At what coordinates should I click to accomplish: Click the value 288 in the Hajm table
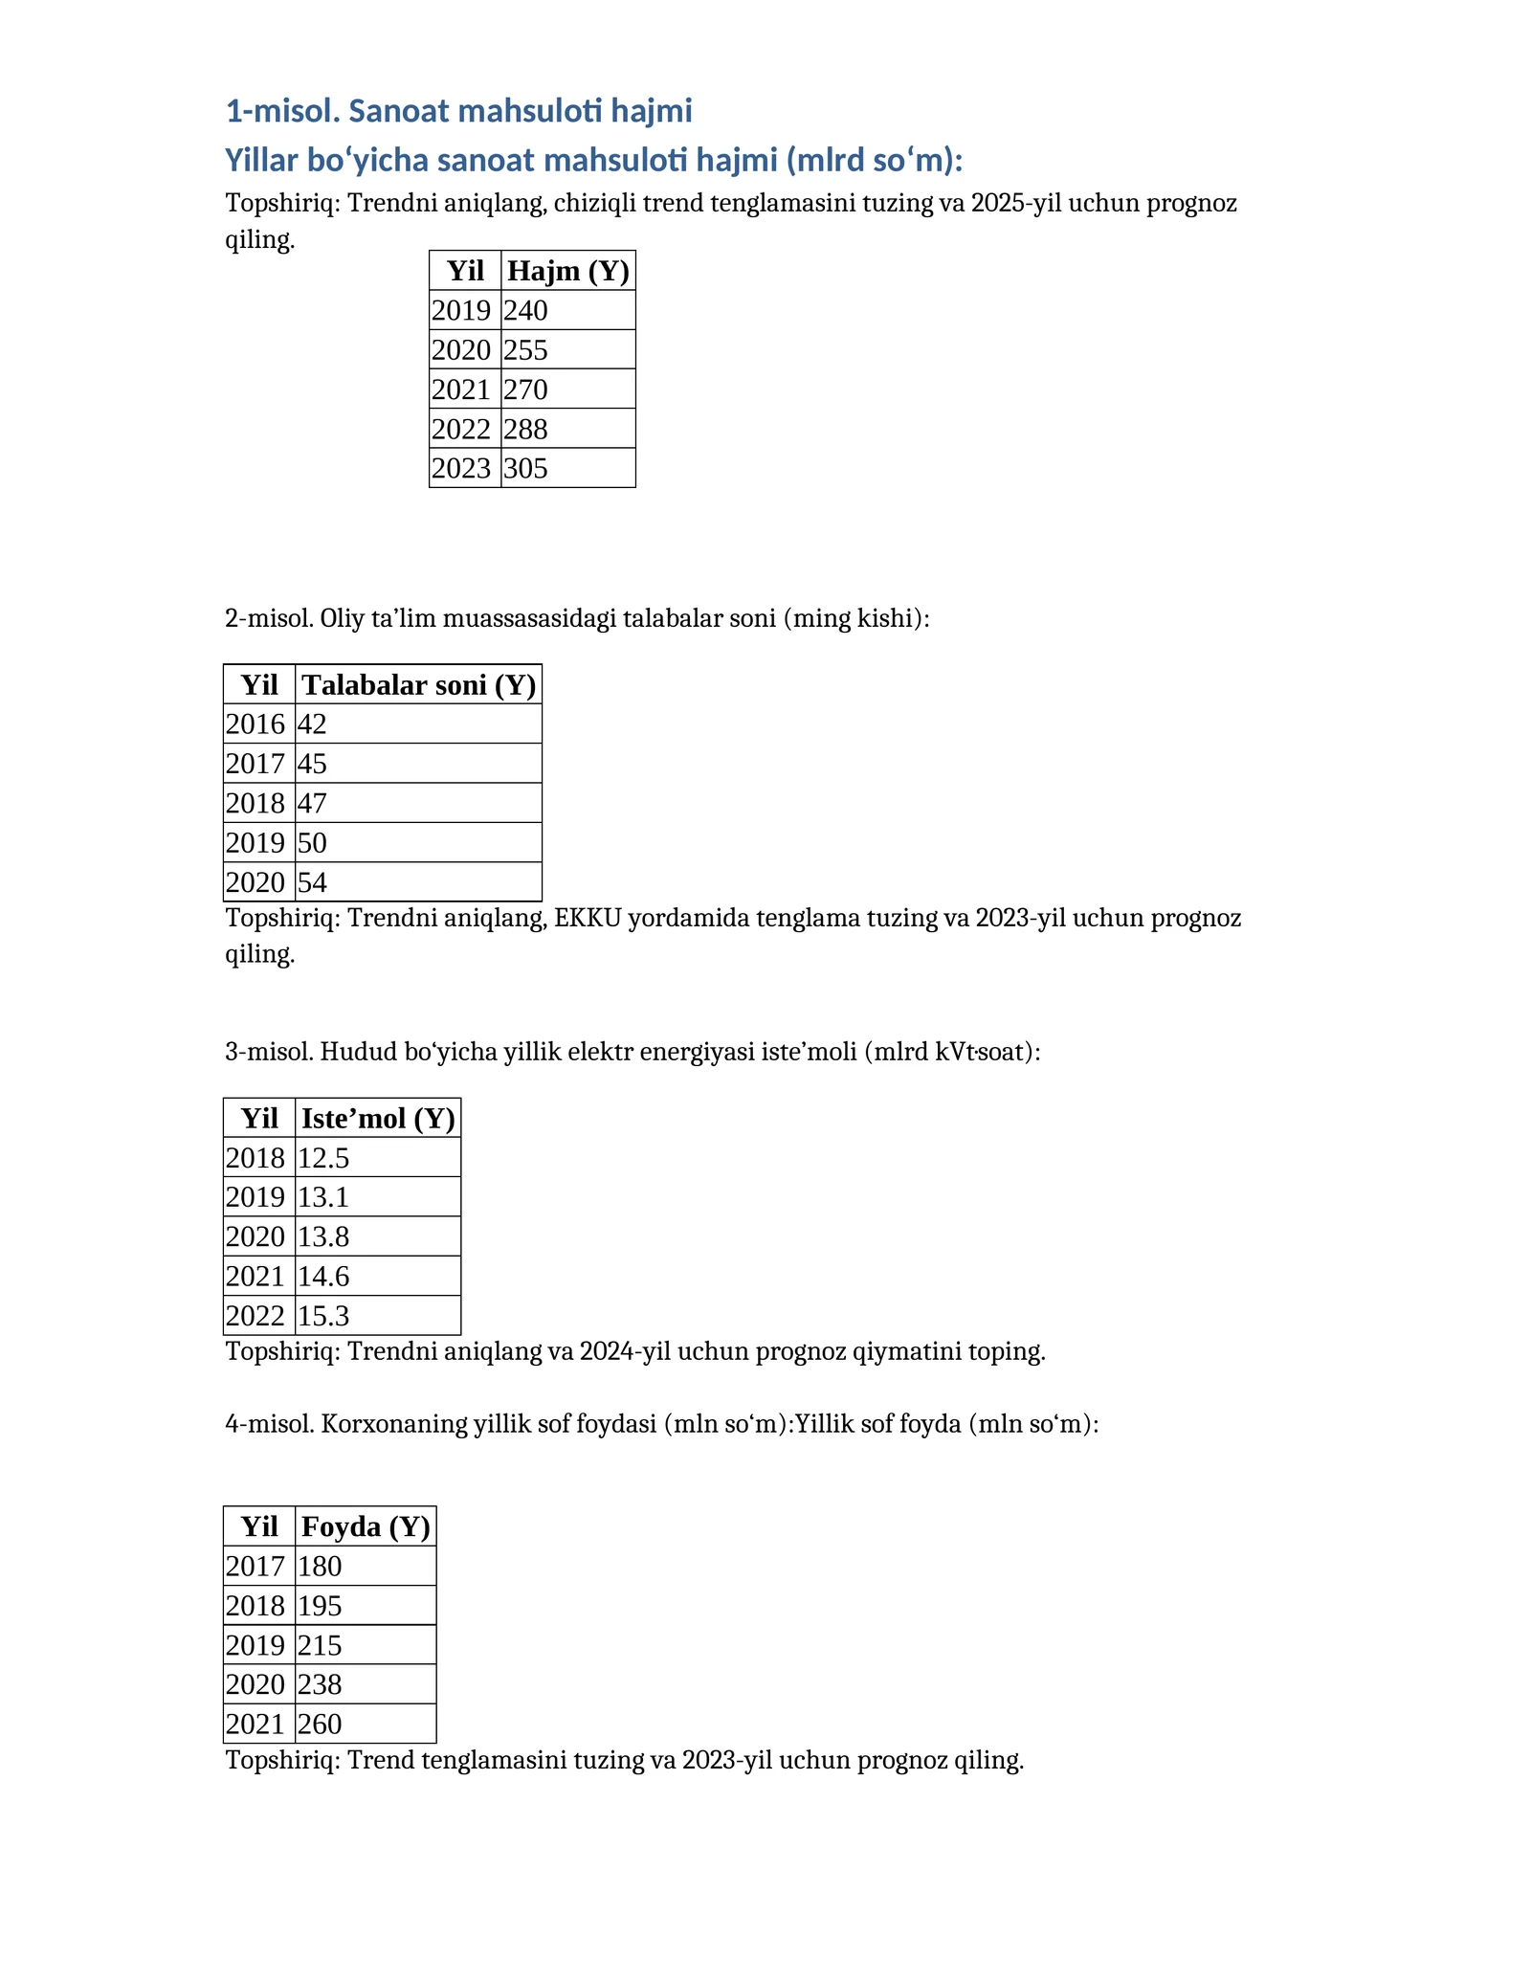coord(526,429)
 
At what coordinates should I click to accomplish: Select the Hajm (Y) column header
coord(568,271)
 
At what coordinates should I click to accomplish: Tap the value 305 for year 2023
coord(526,468)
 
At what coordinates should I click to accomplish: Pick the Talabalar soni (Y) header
coord(419,684)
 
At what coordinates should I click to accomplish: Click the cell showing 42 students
coord(313,724)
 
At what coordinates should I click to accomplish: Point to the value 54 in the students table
coord(313,882)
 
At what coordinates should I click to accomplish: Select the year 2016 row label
coord(255,724)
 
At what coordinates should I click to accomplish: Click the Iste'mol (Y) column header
coord(378,1118)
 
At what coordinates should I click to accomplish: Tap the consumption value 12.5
coord(323,1158)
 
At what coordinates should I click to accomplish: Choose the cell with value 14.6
coord(323,1277)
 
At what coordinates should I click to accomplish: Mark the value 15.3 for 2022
coord(323,1316)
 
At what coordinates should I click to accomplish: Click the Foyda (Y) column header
coord(366,1526)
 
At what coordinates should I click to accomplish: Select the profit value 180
coord(320,1567)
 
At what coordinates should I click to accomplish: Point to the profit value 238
coord(320,1684)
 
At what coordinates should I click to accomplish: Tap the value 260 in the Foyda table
coord(320,1725)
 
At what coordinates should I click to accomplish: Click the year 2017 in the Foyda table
coord(255,1567)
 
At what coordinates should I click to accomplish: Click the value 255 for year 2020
coord(526,350)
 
